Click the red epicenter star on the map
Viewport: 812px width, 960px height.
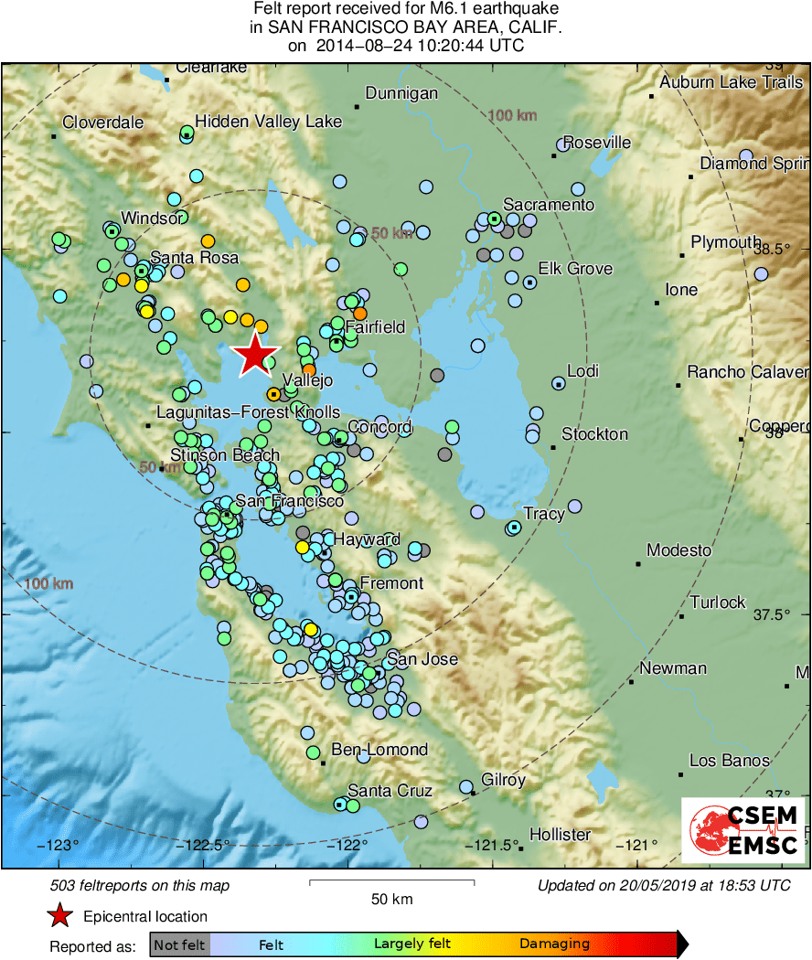256,354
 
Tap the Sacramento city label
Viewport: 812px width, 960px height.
549,205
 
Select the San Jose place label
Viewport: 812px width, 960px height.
422,659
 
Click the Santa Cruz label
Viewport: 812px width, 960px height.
390,791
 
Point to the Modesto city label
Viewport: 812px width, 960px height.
678,550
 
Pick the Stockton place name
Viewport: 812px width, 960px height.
594,433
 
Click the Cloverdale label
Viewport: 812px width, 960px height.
102,123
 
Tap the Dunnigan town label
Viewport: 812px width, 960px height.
401,93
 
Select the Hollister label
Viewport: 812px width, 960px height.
560,835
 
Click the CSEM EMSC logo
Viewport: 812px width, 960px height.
744,830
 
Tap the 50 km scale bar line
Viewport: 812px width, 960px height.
391,882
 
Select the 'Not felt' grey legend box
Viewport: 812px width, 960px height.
179,944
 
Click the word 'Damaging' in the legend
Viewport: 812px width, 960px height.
554,944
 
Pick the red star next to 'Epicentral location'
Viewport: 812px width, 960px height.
60,916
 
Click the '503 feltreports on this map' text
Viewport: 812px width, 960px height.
140,885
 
